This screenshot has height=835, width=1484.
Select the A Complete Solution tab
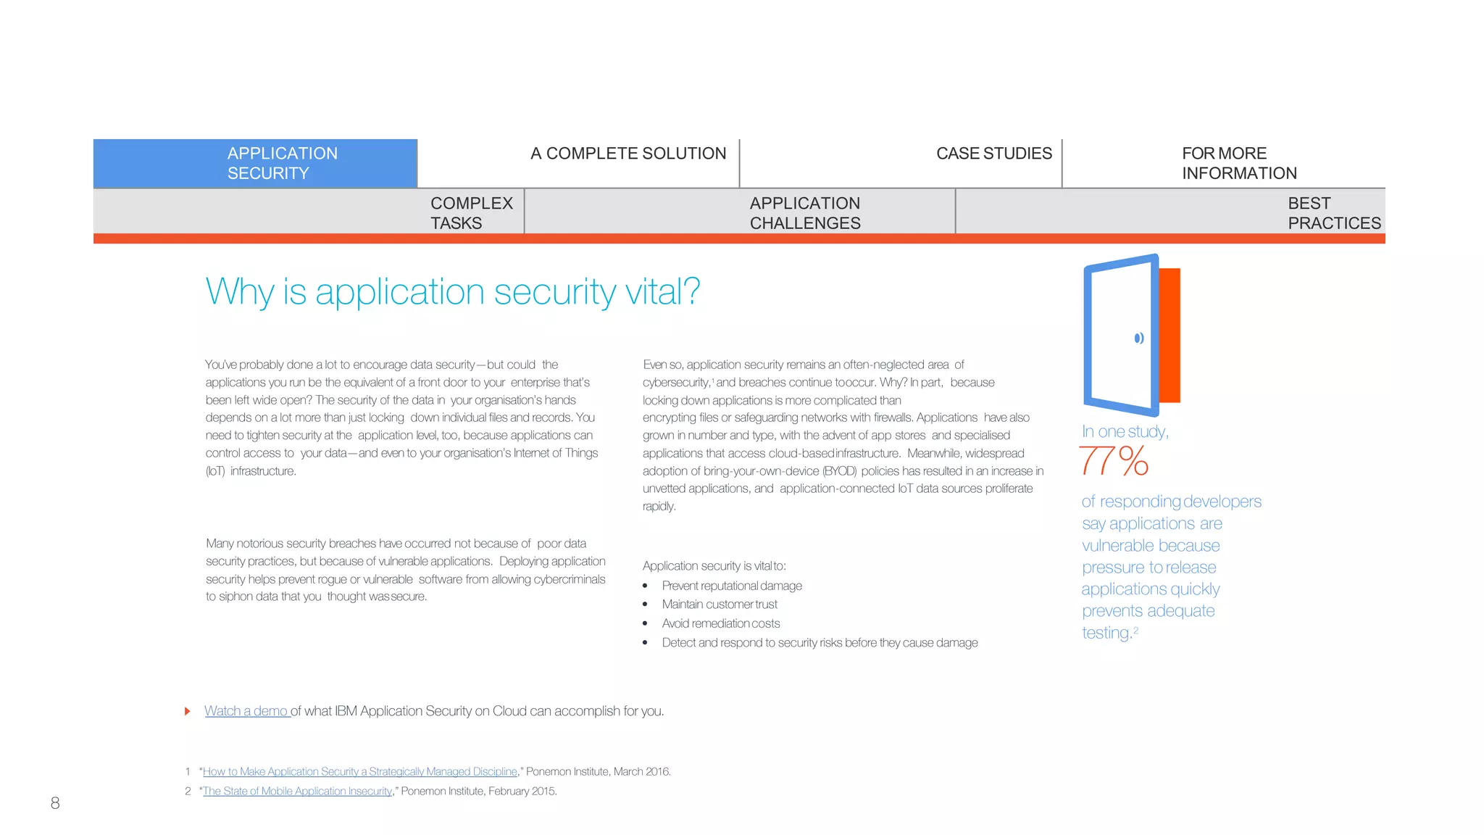click(628, 154)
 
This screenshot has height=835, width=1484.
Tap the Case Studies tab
click(993, 154)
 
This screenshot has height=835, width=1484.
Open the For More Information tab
click(1238, 163)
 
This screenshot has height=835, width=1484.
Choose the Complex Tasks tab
click(471, 213)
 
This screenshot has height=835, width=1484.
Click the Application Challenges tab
click(804, 213)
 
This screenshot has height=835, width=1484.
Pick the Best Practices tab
click(1333, 213)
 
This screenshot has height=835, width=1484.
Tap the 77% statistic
click(1114, 461)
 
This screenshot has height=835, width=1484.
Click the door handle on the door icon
click(1139, 338)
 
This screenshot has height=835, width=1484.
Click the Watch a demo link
click(246, 711)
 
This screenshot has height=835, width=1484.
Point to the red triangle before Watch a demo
click(188, 711)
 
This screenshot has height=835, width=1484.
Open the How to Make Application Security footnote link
click(360, 772)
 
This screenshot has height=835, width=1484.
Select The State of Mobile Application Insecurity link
click(297, 792)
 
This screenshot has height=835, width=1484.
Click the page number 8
click(55, 803)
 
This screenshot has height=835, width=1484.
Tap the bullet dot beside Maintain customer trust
click(645, 605)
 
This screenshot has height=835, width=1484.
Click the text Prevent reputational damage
click(732, 586)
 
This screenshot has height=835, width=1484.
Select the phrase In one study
click(1125, 432)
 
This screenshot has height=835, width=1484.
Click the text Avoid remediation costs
click(721, 623)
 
